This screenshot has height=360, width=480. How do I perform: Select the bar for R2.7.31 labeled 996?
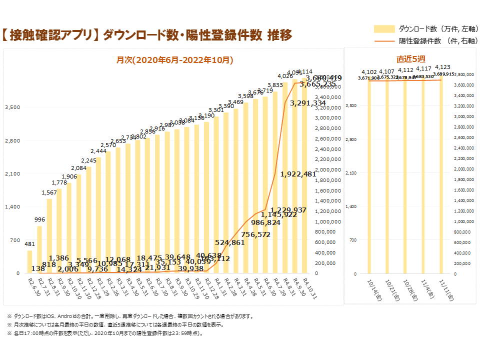click(x=39, y=249)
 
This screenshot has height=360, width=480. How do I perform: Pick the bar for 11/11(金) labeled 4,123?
click(x=441, y=175)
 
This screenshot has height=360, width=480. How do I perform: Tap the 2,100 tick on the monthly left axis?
click(x=12, y=173)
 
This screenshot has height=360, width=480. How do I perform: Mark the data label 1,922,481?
click(x=298, y=174)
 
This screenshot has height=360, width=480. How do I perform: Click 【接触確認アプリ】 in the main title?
click(x=49, y=35)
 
